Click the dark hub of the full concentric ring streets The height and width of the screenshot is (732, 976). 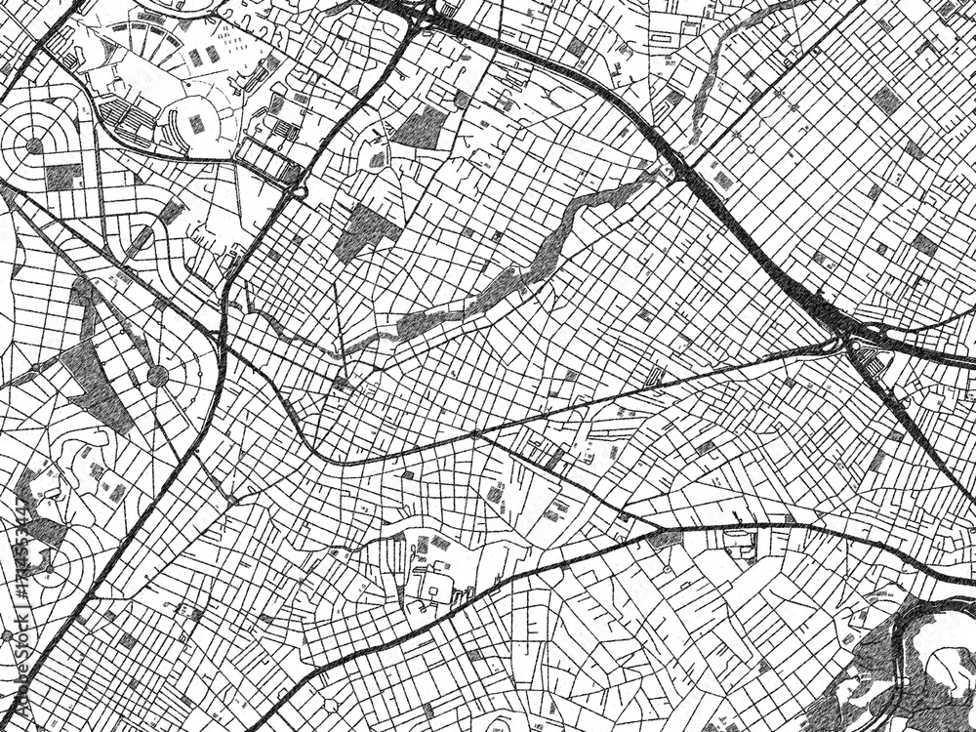[35, 145]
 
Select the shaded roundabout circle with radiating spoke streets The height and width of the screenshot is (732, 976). [158, 376]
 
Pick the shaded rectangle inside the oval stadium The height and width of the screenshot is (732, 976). [196, 123]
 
